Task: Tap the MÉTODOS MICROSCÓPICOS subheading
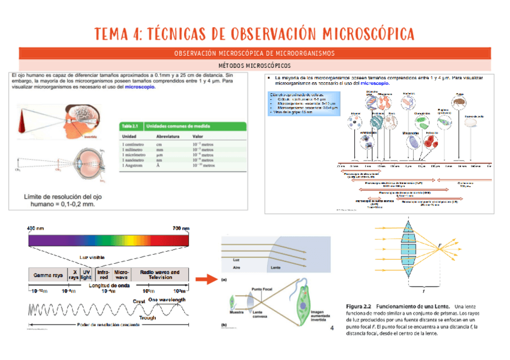point(254,65)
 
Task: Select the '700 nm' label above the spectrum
point(180,228)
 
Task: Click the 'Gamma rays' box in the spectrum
point(48,275)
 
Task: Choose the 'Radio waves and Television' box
point(159,275)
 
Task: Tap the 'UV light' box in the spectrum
point(87,275)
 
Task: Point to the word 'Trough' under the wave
point(147,318)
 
